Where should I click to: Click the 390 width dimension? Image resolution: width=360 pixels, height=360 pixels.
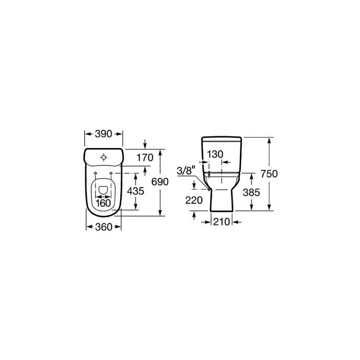point(103,134)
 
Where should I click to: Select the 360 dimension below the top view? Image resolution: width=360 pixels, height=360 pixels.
point(103,227)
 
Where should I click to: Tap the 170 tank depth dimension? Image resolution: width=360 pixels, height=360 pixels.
point(145,157)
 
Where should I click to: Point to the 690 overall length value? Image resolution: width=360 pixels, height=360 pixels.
point(160,182)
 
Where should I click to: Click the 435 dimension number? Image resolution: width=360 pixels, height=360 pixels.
point(135,191)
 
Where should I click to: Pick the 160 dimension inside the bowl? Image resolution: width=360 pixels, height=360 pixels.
point(103,203)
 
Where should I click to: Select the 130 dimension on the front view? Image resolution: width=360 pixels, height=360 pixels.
point(215,154)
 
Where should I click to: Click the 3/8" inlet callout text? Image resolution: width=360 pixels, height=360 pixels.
point(186,171)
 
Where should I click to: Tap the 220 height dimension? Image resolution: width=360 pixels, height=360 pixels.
point(194,200)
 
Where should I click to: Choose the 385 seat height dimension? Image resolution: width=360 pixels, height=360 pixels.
point(252,193)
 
